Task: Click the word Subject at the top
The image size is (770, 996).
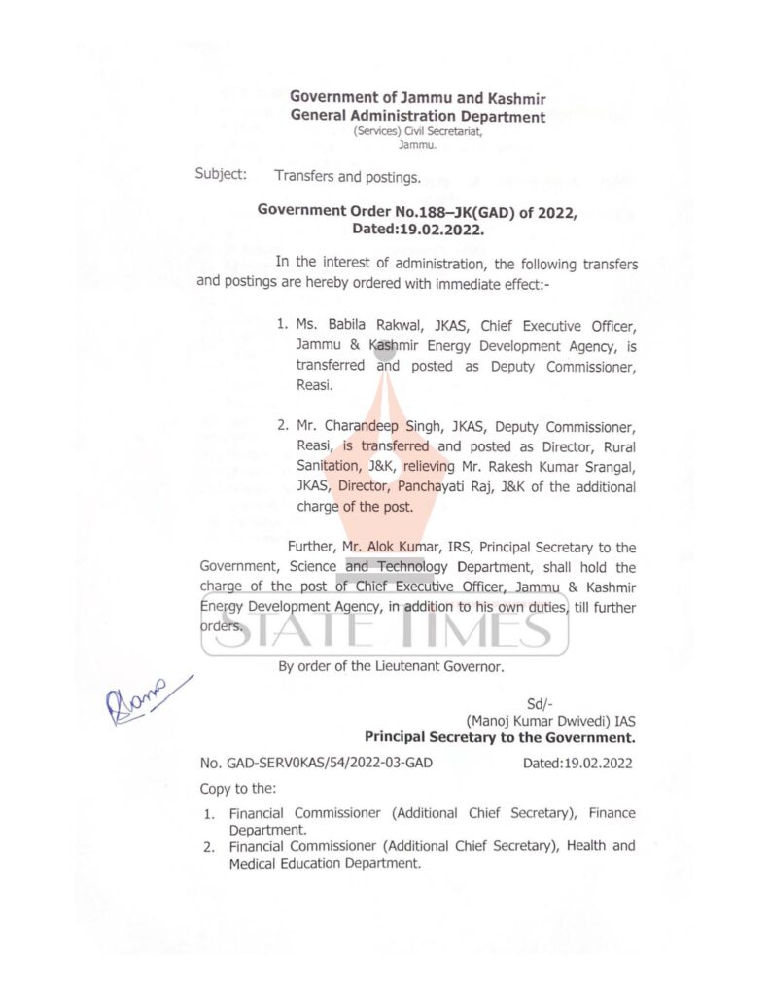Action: click(222, 176)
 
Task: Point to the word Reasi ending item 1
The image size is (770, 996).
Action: click(314, 386)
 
